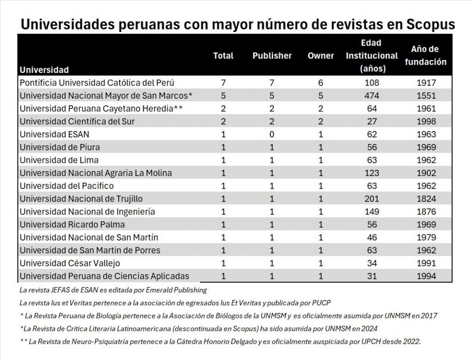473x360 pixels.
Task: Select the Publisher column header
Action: tap(272, 56)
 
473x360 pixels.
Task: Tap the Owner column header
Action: tap(321, 56)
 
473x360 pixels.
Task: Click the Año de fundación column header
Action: tap(425, 55)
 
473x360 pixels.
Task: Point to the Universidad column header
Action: tap(44, 70)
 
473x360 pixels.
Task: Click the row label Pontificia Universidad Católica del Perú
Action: tap(97, 83)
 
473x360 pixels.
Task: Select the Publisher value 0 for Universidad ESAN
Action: tap(272, 135)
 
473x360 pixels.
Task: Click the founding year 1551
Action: tap(425, 96)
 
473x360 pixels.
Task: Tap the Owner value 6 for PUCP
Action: tap(321, 83)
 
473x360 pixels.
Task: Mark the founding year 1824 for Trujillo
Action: tap(425, 199)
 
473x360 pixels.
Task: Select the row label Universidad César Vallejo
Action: tap(70, 264)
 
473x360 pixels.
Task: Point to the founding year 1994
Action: tap(425, 276)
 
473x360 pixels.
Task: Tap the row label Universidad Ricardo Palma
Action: tap(72, 225)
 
